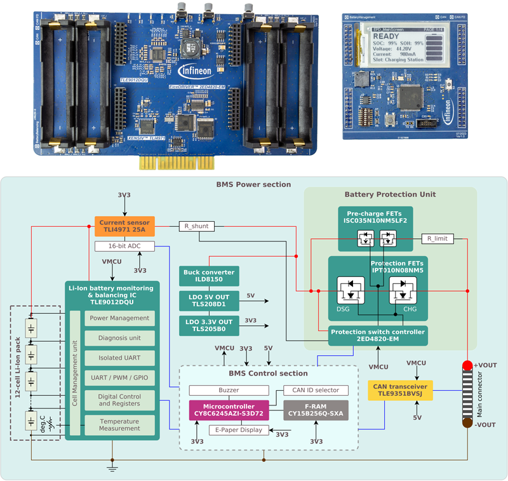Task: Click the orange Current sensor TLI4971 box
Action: [x=124, y=226]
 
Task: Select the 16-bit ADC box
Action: [x=124, y=245]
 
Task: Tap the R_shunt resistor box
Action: [x=197, y=226]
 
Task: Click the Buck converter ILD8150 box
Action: [x=209, y=276]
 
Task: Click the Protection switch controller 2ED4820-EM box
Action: [x=377, y=335]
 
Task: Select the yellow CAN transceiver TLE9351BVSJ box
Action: [x=400, y=390]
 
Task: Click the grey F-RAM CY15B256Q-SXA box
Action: [x=316, y=410]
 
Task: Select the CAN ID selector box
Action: [x=316, y=390]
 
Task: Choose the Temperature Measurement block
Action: [x=119, y=424]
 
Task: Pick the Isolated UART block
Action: [x=119, y=358]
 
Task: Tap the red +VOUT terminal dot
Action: [x=467, y=365]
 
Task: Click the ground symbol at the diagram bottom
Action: [x=112, y=468]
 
